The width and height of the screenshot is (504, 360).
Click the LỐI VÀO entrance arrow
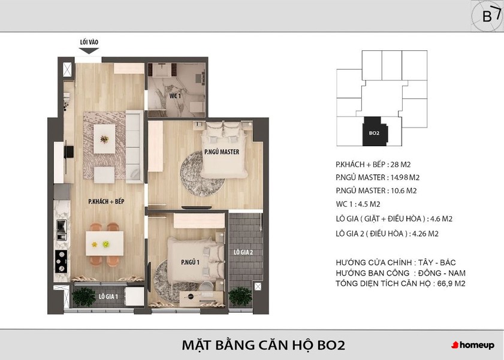click(x=89, y=51)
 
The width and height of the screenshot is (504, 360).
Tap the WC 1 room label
click(x=175, y=96)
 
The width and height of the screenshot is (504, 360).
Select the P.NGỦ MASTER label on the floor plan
click(x=222, y=152)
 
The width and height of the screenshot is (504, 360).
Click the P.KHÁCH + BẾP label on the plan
click(x=106, y=201)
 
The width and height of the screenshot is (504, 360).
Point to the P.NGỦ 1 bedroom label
click(x=191, y=262)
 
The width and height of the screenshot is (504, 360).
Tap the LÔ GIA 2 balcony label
click(x=243, y=252)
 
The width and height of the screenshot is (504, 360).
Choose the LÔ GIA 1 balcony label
click(x=108, y=297)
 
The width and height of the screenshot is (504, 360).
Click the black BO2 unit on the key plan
click(x=375, y=131)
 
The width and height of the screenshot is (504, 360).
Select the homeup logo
click(x=473, y=345)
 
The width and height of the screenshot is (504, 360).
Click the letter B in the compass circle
click(x=487, y=16)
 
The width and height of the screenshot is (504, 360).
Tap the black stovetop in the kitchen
click(x=61, y=261)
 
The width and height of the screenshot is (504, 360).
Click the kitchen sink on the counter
click(x=61, y=229)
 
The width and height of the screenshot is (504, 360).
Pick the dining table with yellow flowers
click(x=104, y=244)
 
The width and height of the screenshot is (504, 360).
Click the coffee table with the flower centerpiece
click(x=104, y=139)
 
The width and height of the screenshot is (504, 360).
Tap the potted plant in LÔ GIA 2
click(x=240, y=296)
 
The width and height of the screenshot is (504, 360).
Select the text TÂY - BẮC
click(x=437, y=262)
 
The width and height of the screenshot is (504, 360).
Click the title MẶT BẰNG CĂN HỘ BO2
click(x=263, y=345)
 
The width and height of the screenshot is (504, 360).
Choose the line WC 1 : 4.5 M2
click(x=358, y=204)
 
